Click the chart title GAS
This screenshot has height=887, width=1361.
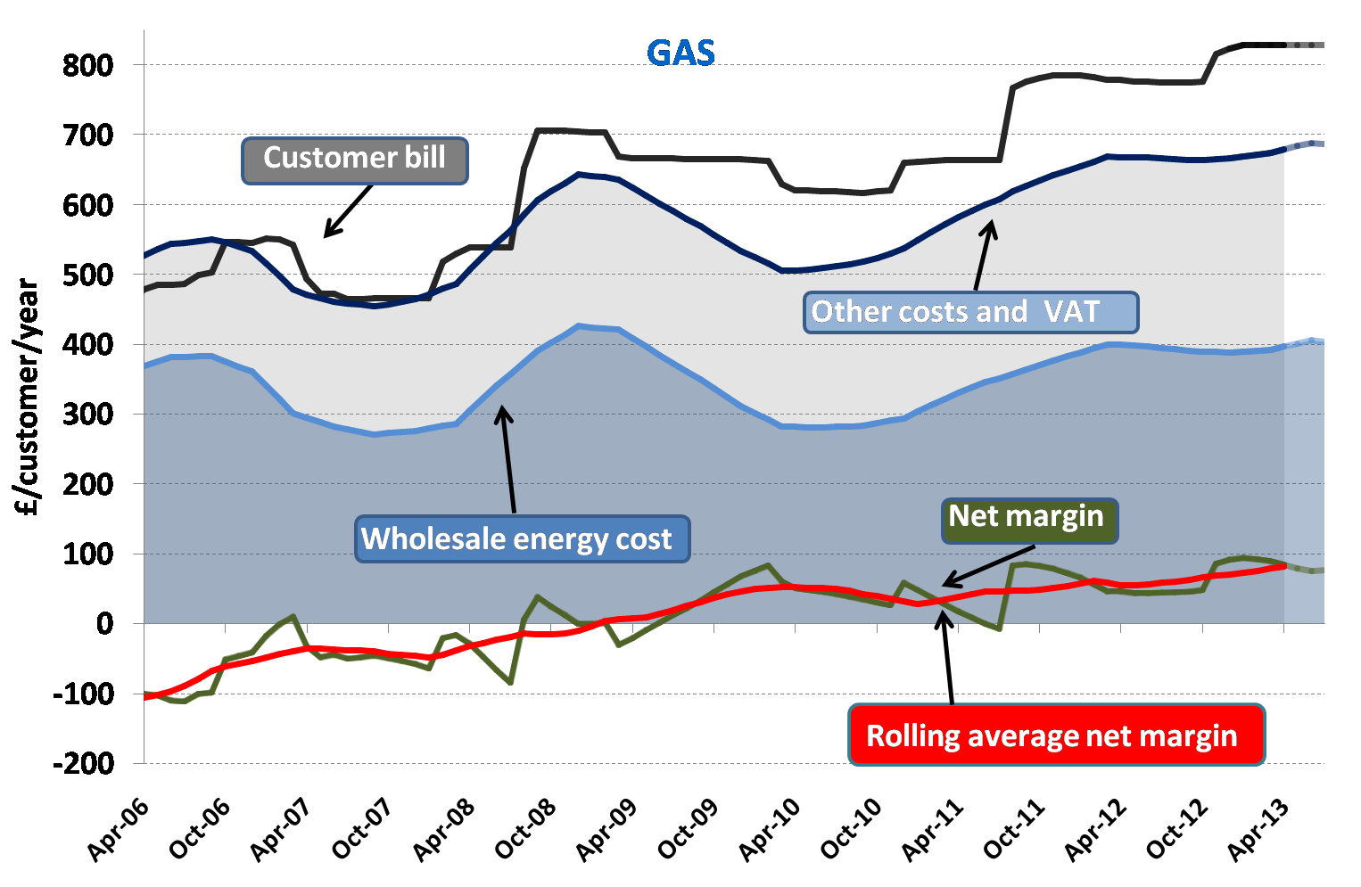click(680, 53)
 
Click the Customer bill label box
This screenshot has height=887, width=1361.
click(354, 160)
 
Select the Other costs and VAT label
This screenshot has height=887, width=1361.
click(970, 312)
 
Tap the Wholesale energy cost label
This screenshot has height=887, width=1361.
click(521, 539)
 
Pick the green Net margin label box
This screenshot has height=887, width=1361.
click(1028, 518)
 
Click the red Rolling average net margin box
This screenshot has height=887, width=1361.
click(1055, 735)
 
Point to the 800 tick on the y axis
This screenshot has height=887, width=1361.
click(87, 65)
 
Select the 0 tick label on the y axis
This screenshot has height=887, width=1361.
click(104, 624)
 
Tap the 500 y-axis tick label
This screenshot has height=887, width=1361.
click(87, 275)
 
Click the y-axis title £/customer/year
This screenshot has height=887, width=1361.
click(29, 398)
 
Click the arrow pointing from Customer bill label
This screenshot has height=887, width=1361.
click(348, 211)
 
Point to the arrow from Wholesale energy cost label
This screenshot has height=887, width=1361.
click(508, 459)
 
